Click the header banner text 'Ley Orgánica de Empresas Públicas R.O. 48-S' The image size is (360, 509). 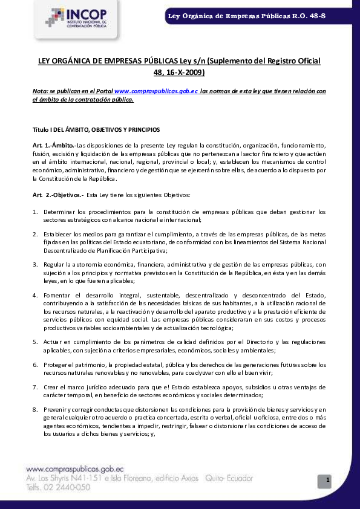coord(247,15)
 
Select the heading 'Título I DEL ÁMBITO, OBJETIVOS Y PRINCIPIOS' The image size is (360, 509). coord(96,129)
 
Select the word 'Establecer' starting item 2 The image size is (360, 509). coord(57,233)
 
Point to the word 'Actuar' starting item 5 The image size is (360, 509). coord(52,342)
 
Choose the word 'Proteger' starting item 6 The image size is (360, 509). coord(56,365)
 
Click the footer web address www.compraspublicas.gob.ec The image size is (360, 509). coord(75,468)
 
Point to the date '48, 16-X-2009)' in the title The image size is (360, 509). coord(180,73)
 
